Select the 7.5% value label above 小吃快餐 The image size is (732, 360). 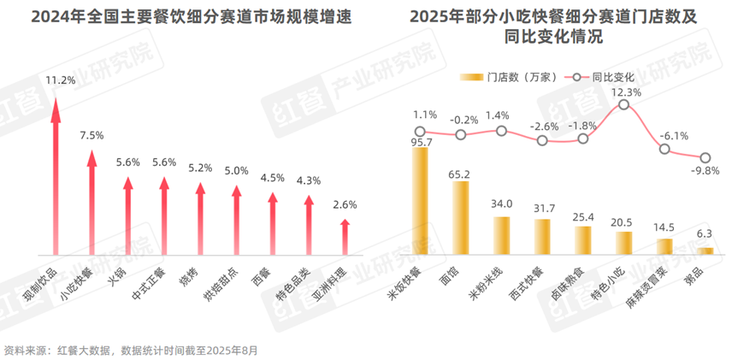point(91,135)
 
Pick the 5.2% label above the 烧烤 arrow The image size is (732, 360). point(200,168)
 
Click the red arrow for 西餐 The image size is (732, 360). point(273,222)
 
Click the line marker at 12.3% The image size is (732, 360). point(624,104)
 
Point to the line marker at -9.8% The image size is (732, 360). point(705,158)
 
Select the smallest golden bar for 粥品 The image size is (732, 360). point(705,251)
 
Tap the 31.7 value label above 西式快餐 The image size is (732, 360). point(542,208)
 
